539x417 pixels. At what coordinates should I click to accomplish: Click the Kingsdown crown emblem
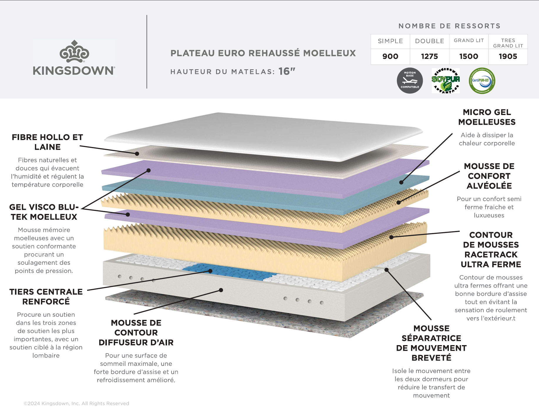[x=74, y=52]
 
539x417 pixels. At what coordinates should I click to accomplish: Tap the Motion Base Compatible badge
[x=410, y=81]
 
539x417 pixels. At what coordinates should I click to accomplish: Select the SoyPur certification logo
[x=446, y=81]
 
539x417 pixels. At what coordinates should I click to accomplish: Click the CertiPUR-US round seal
[x=482, y=81]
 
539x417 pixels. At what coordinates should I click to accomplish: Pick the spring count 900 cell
[x=390, y=56]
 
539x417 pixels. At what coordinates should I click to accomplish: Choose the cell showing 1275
[x=429, y=56]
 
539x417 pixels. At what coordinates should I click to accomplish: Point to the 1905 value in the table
[x=508, y=56]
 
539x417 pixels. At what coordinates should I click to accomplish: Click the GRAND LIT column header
[x=469, y=40]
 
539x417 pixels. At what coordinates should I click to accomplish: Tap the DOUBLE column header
[x=429, y=41]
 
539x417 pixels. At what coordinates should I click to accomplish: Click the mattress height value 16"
[x=287, y=71]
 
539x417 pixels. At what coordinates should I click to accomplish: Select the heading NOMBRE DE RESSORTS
[x=449, y=26]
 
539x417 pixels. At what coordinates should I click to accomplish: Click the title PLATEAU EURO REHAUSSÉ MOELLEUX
[x=263, y=53]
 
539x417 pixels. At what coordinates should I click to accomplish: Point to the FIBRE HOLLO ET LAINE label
[x=47, y=142]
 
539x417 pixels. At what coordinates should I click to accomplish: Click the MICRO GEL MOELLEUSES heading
[x=487, y=117]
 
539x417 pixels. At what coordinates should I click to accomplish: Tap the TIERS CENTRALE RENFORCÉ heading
[x=46, y=296]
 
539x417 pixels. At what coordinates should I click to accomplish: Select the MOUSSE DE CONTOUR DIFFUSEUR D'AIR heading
[x=136, y=332]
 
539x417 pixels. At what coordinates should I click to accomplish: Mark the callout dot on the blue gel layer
[x=401, y=182]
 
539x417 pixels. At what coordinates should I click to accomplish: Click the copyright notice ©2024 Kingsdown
[x=76, y=404]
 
